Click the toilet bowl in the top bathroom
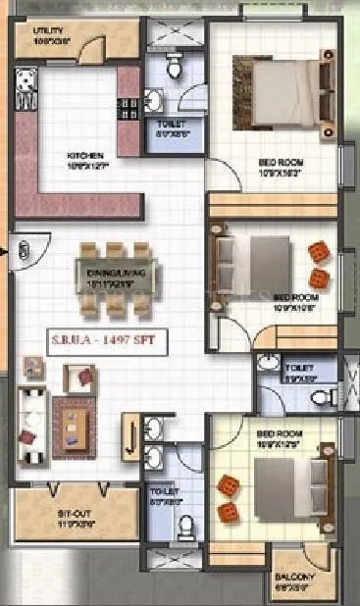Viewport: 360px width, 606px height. pyautogui.click(x=174, y=67)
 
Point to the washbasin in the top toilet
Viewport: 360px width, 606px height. pyautogui.click(x=154, y=99)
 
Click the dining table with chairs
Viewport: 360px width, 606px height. pyautogui.click(x=116, y=277)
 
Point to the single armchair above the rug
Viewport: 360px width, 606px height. pyautogui.click(x=78, y=376)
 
